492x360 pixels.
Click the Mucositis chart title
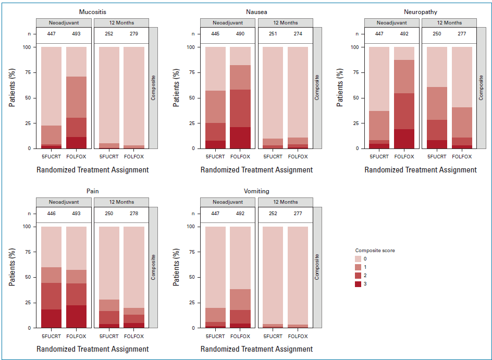click(92, 11)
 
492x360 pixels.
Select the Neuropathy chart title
click(420, 11)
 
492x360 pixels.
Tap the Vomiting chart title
click(256, 191)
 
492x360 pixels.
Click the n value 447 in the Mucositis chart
click(52, 34)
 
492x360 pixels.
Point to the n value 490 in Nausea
click(240, 34)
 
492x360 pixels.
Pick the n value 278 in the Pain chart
click(134, 214)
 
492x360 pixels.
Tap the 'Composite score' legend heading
click(375, 251)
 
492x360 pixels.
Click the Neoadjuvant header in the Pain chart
click(64, 202)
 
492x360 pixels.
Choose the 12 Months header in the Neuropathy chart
click(449, 23)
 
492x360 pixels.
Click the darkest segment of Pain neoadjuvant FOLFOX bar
click(77, 316)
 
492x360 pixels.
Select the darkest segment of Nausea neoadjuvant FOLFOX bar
click(240, 138)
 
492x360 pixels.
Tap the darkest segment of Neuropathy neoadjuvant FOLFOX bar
click(404, 139)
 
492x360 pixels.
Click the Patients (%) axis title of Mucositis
click(13, 88)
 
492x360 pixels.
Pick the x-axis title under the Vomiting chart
click(256, 349)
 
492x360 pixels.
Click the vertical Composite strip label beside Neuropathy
click(481, 88)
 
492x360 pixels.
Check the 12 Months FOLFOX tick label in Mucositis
click(134, 156)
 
